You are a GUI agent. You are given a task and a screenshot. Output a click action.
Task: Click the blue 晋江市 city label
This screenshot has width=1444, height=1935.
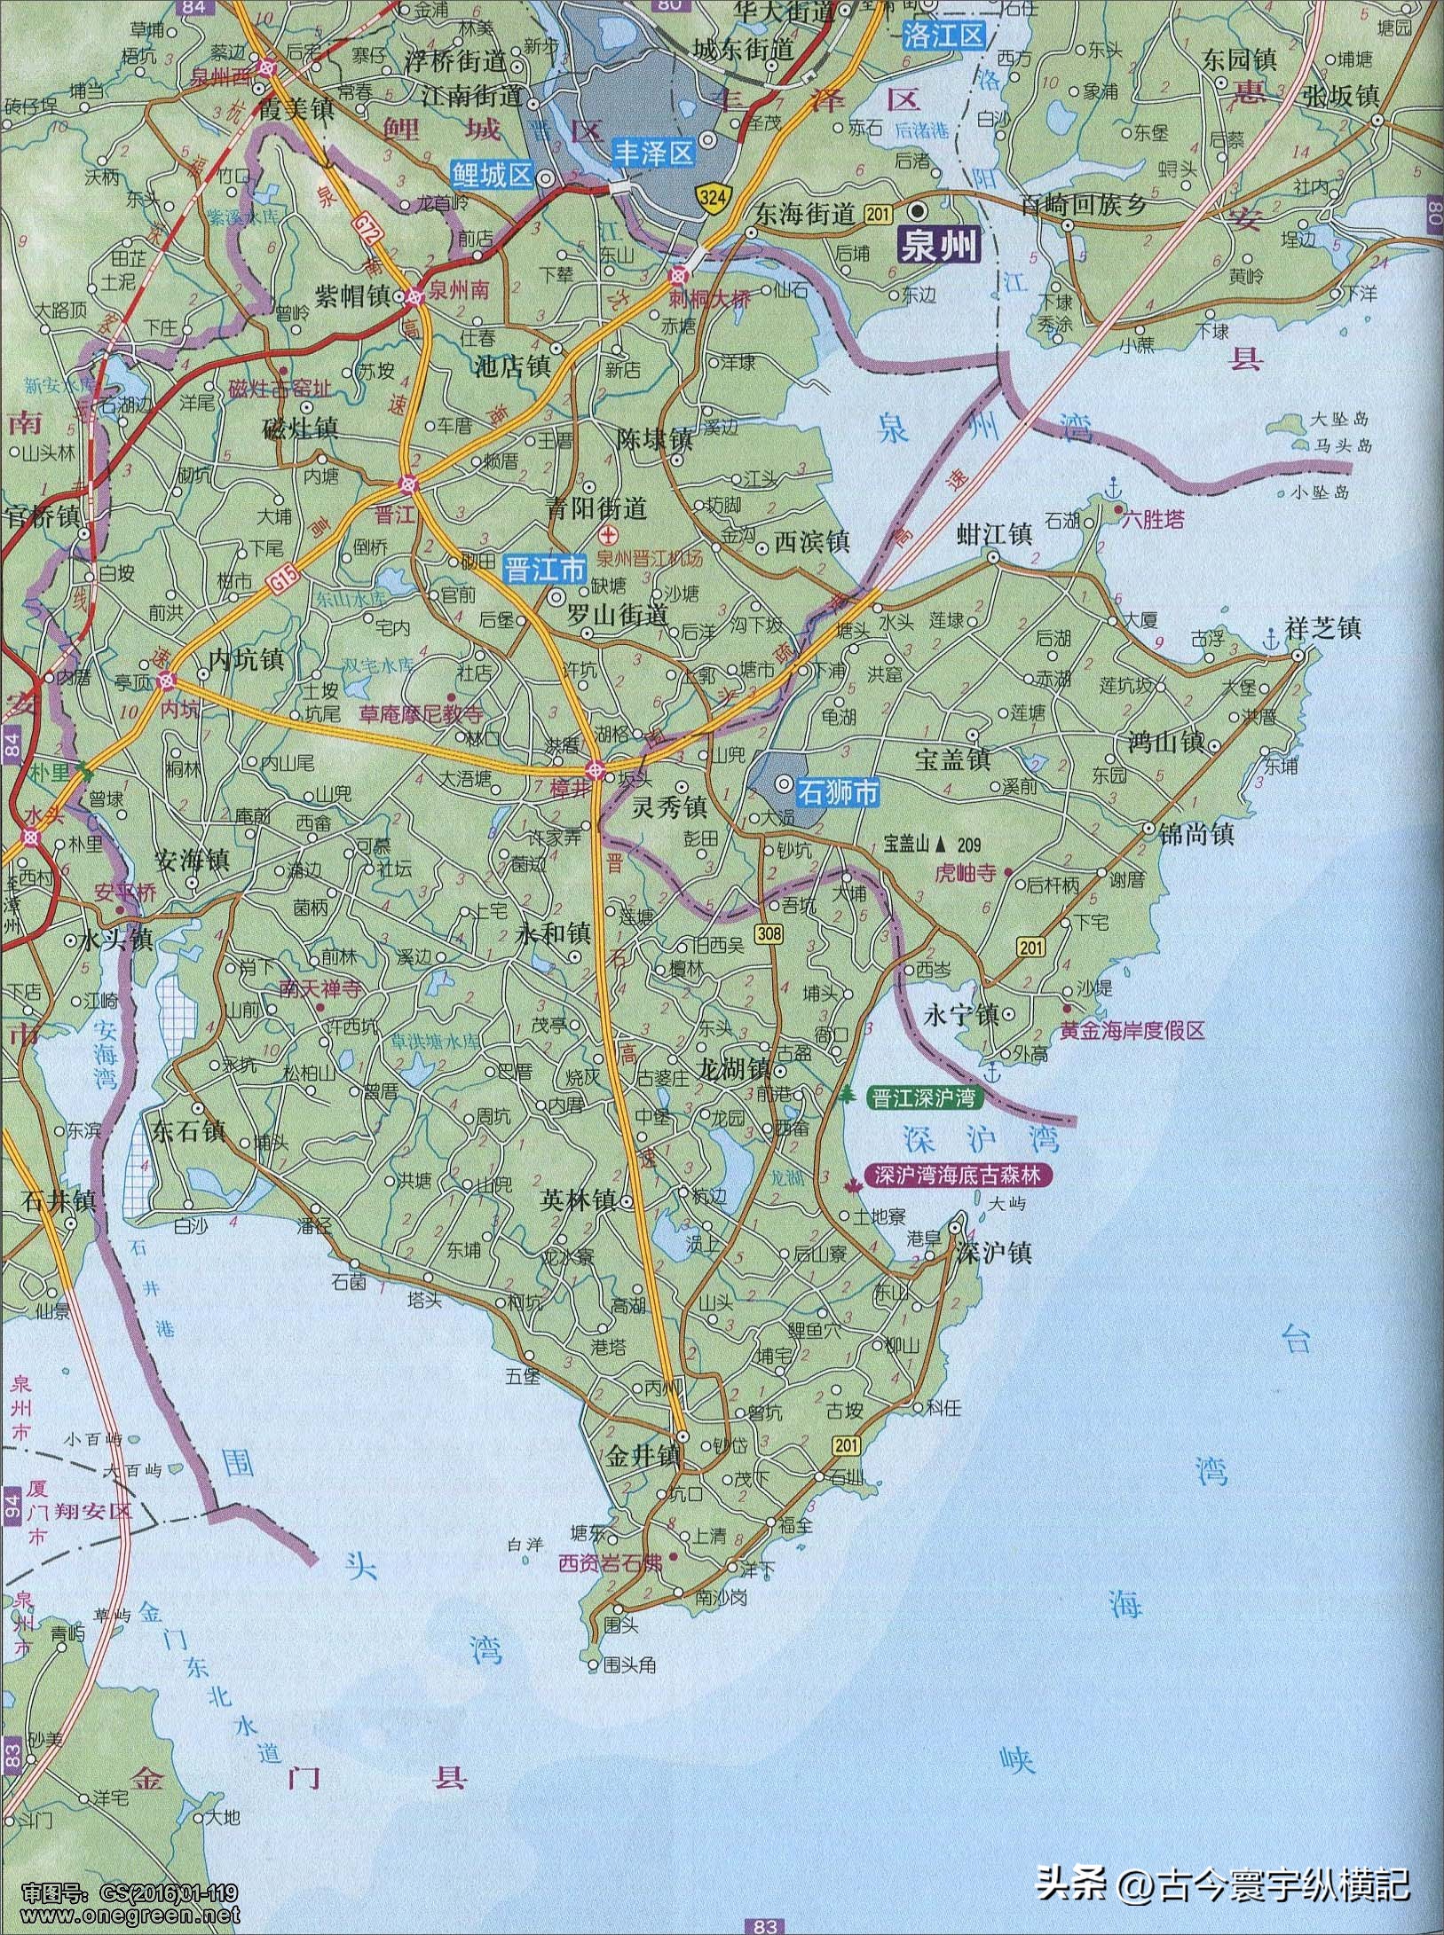[x=545, y=568]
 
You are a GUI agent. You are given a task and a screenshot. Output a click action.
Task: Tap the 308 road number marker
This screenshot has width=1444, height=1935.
[x=769, y=932]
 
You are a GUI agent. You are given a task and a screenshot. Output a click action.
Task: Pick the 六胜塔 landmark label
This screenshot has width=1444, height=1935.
[x=1153, y=518]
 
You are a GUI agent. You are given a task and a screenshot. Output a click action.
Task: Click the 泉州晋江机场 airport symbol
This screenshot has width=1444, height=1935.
[x=609, y=534]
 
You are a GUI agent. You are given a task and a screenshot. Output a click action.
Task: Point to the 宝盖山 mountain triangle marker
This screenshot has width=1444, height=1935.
[x=939, y=844]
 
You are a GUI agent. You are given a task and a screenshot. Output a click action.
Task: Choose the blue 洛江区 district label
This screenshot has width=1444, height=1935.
[x=943, y=35]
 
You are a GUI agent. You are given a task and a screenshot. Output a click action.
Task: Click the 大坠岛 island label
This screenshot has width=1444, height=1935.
[x=1340, y=420]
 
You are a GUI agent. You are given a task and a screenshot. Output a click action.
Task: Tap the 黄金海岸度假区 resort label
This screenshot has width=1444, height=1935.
[x=1132, y=1031]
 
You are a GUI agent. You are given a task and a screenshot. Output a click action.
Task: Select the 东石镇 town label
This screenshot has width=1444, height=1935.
[x=189, y=1133]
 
